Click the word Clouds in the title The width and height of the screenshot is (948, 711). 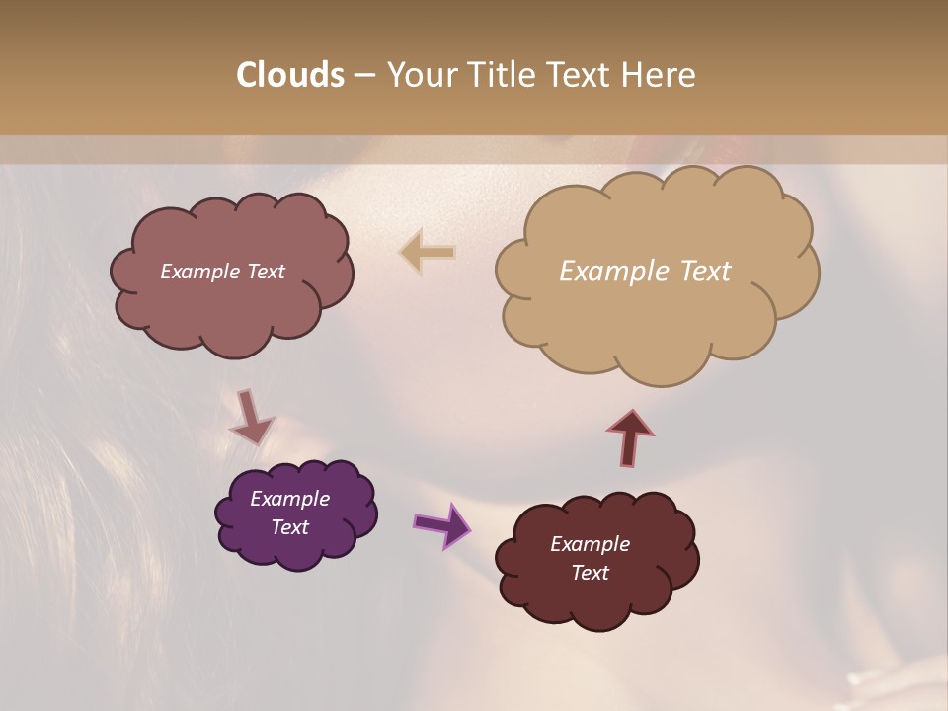(x=290, y=75)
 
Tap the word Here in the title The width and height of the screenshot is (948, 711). (x=660, y=75)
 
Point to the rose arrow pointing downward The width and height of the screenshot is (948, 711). (x=250, y=417)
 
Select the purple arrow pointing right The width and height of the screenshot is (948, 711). (x=442, y=523)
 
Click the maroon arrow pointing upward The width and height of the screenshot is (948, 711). (x=630, y=437)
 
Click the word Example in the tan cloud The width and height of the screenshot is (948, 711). (x=616, y=272)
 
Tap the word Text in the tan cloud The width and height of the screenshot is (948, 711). (x=704, y=272)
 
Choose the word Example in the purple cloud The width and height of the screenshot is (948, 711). (x=289, y=499)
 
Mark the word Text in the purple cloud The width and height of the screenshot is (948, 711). (x=289, y=527)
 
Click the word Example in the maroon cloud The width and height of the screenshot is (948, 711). (x=590, y=544)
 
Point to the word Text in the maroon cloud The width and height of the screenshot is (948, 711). (x=590, y=573)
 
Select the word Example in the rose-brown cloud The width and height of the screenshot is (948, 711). (x=200, y=272)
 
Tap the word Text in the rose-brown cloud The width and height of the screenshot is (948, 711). (x=266, y=272)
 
